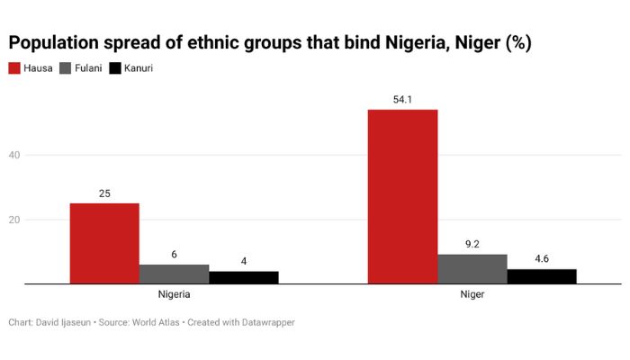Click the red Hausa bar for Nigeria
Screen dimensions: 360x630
pyautogui.click(x=104, y=243)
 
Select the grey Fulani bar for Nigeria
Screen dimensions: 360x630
pyautogui.click(x=174, y=274)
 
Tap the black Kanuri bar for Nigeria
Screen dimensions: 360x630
pyautogui.click(x=243, y=277)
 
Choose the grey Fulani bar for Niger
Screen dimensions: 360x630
pyautogui.click(x=472, y=268)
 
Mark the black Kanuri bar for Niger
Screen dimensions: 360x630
pyautogui.click(x=541, y=276)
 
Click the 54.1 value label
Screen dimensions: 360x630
pyautogui.click(x=402, y=99)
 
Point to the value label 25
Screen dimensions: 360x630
pyautogui.click(x=104, y=193)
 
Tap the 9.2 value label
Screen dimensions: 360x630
pyautogui.click(x=472, y=244)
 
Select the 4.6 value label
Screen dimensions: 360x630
pyautogui.click(x=541, y=259)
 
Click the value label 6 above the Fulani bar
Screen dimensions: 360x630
pyautogui.click(x=174, y=254)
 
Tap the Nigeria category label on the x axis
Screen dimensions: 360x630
pyautogui.click(x=174, y=294)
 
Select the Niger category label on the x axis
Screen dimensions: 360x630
pyautogui.click(x=472, y=294)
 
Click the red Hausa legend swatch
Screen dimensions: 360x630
pyautogui.click(x=14, y=67)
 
